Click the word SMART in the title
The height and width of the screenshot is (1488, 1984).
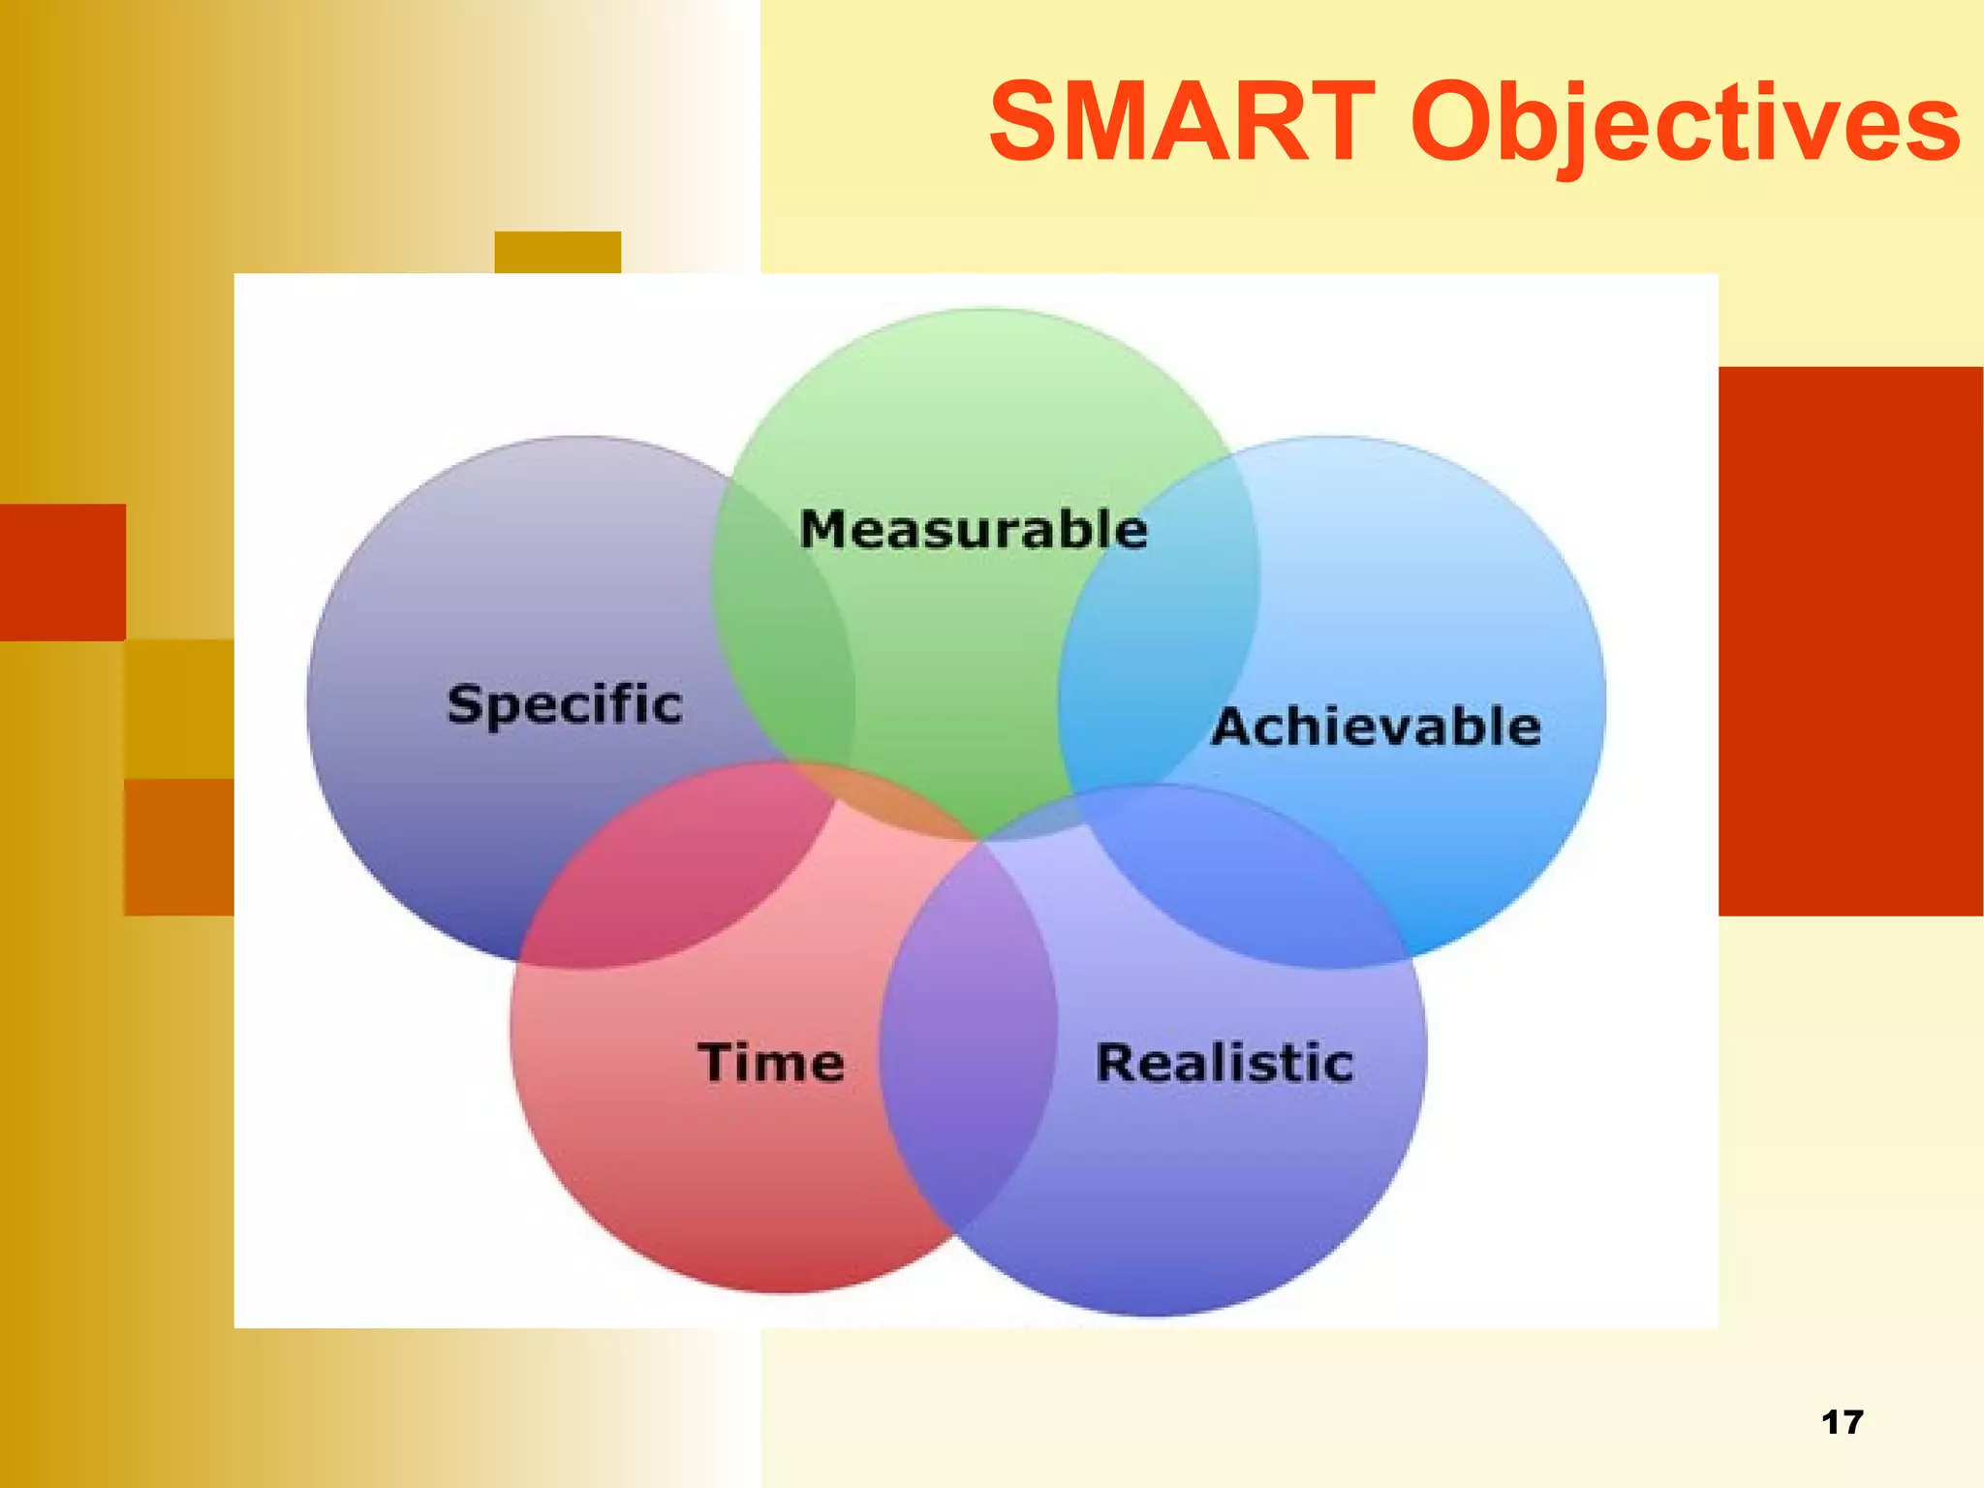pos(1182,123)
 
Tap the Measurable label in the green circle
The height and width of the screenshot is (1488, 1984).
pos(974,530)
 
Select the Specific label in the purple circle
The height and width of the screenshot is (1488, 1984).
pos(565,704)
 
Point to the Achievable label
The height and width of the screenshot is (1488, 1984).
pos(1376,727)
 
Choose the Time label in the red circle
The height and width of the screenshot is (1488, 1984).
pos(771,1063)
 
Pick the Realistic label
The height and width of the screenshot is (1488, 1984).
pos(1224,1063)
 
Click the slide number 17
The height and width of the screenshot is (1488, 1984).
pos(1842,1422)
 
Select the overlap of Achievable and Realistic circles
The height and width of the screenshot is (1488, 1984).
pos(1250,872)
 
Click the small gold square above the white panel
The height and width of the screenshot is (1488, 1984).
pos(557,252)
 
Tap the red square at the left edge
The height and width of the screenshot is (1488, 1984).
pos(62,572)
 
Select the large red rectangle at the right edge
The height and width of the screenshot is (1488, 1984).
pos(1850,639)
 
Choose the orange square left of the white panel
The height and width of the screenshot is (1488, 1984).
pos(178,847)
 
